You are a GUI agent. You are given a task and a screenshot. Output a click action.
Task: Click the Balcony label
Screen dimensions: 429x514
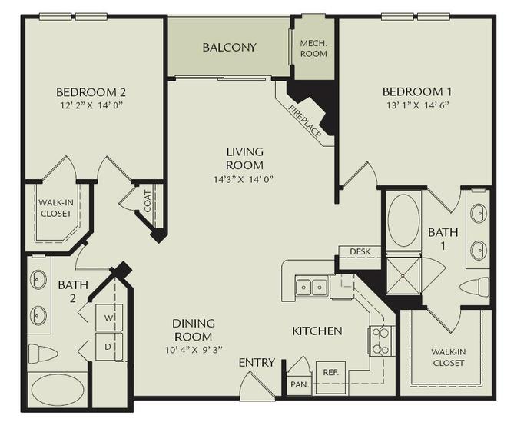pyautogui.click(x=229, y=48)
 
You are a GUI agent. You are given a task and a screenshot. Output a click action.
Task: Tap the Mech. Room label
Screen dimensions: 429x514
pyautogui.click(x=313, y=48)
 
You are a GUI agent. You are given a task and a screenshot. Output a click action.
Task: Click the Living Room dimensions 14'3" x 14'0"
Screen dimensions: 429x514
pyautogui.click(x=244, y=179)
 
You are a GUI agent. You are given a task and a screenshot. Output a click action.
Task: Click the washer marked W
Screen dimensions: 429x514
pyautogui.click(x=108, y=317)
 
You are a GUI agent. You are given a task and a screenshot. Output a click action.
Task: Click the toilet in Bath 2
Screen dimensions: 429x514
pyautogui.click(x=44, y=354)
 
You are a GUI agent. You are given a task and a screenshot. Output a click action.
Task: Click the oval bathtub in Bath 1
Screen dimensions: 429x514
pyautogui.click(x=404, y=220)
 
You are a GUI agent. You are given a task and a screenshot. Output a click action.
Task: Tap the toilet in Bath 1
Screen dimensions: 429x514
pyautogui.click(x=475, y=287)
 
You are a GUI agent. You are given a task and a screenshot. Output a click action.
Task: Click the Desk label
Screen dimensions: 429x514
pyautogui.click(x=360, y=251)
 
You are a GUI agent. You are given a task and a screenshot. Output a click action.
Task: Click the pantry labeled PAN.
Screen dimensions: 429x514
pyautogui.click(x=298, y=382)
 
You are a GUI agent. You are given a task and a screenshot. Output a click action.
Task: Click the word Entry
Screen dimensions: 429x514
pyautogui.click(x=256, y=362)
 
